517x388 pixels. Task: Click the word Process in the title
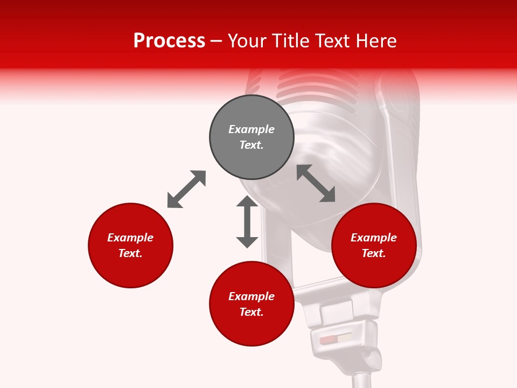(x=169, y=41)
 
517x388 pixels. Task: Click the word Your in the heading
(x=248, y=41)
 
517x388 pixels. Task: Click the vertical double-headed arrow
(x=247, y=221)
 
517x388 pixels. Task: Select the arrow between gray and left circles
(x=186, y=189)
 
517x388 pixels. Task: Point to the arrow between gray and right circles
(x=316, y=183)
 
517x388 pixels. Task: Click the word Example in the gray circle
(x=251, y=129)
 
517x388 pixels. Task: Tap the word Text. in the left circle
(x=130, y=253)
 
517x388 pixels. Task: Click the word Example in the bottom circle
(x=251, y=296)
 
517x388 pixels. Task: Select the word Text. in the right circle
(x=374, y=253)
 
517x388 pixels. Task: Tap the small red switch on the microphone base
(x=327, y=341)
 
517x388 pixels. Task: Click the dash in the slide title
(x=216, y=41)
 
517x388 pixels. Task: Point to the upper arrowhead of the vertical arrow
(x=247, y=202)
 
